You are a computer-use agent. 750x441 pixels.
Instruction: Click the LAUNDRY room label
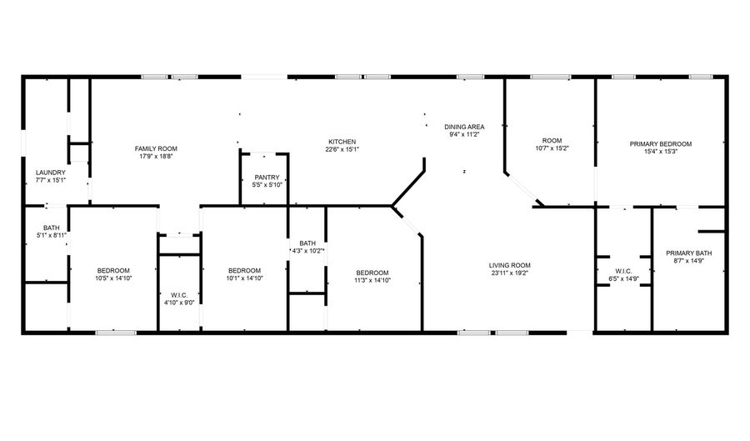coord(51,173)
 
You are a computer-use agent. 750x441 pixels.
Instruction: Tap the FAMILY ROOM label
coord(156,148)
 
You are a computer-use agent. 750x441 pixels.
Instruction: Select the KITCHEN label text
coord(342,142)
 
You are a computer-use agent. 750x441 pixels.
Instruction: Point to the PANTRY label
coord(267,178)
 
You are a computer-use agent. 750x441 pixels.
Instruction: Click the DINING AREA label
coord(464,127)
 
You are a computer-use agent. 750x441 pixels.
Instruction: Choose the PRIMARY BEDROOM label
coord(661,144)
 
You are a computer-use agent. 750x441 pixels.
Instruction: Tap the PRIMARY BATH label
coord(689,253)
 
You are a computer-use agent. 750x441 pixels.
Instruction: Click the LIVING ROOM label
coord(509,265)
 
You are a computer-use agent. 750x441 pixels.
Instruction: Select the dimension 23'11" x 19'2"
coord(509,273)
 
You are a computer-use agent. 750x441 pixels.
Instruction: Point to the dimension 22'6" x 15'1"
coord(342,149)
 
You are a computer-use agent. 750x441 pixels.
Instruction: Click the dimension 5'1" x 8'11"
coord(51,235)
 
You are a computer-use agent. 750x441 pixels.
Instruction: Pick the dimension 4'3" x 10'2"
coord(308,251)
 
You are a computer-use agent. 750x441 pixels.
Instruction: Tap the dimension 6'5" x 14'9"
coord(623,278)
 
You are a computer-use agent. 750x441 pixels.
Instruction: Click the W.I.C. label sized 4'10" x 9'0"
coord(179,295)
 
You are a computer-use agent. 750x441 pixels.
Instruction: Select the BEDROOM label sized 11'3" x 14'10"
coord(372,273)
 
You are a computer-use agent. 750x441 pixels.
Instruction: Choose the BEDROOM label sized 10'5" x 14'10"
coord(113,270)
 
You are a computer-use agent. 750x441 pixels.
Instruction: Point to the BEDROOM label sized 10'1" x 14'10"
coord(244,270)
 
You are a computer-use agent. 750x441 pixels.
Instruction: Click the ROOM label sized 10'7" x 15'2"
coord(552,141)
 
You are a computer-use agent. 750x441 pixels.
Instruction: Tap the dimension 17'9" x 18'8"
coord(156,157)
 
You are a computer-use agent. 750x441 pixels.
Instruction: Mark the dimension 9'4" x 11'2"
coord(464,134)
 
